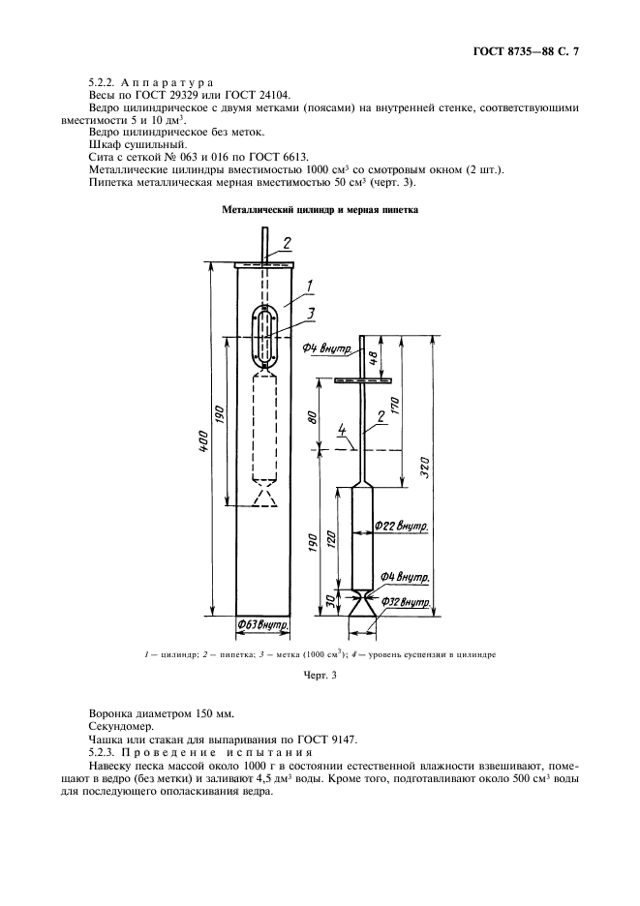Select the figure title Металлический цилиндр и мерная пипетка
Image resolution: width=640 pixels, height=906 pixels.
pos(320,209)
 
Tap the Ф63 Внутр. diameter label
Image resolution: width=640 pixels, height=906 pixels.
pos(265,626)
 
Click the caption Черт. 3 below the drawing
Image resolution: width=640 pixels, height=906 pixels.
pos(320,676)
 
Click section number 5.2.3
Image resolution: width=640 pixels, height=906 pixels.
pos(105,752)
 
